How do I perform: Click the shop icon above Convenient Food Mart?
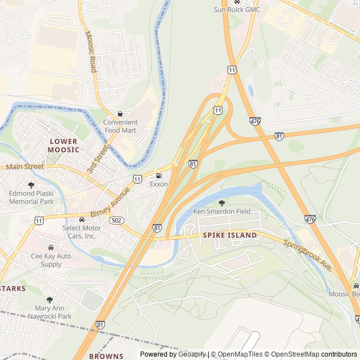click(120, 114)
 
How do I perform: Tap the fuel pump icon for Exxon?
click(158, 175)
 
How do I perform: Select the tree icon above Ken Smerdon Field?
click(221, 202)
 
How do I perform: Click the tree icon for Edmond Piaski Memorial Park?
click(31, 185)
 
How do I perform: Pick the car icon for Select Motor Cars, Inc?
click(82, 219)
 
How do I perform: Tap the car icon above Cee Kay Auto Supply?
click(51, 247)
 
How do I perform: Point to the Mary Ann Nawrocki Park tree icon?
click(49, 300)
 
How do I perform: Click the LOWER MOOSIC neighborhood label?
click(64, 145)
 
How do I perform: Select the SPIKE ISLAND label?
click(229, 235)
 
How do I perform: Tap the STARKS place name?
click(12, 289)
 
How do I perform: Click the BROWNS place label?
click(106, 356)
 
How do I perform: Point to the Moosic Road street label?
click(91, 51)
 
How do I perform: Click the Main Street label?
click(25, 166)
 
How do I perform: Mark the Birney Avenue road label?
click(110, 202)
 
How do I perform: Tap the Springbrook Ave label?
click(307, 255)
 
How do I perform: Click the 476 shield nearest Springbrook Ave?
click(310, 218)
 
